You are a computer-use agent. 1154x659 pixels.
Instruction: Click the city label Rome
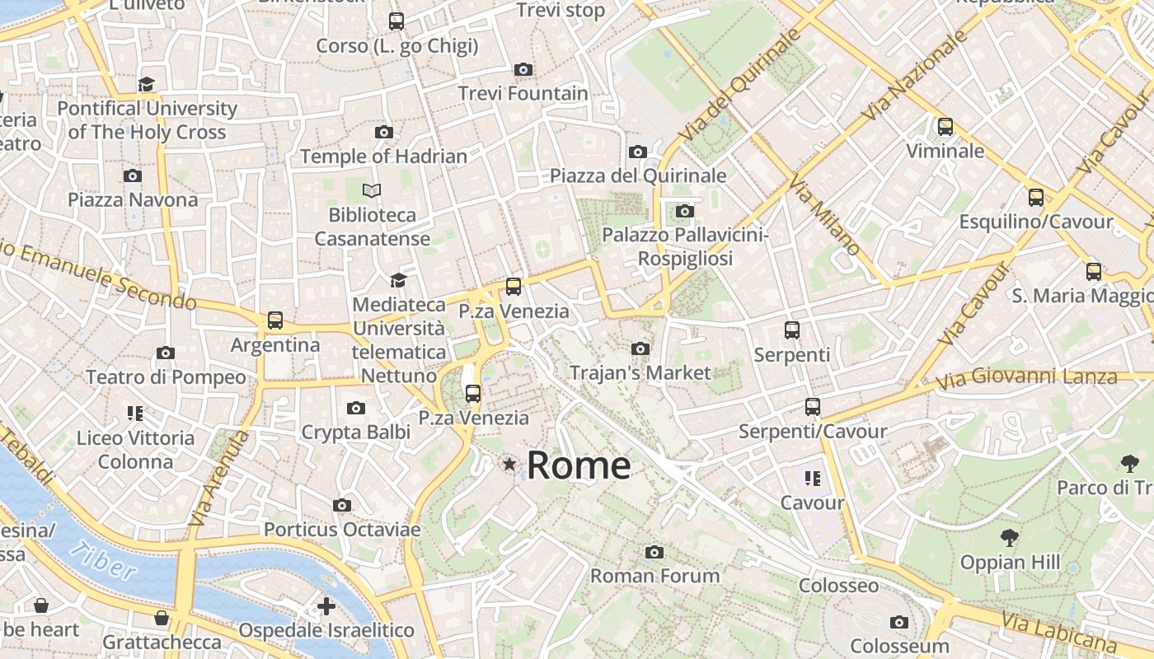coord(579,465)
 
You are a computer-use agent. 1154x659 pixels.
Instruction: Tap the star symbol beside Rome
coord(509,465)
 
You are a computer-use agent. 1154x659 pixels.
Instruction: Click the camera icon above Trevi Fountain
coord(523,70)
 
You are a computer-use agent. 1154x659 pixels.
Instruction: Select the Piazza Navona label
coord(133,199)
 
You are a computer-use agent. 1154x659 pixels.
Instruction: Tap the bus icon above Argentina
coord(275,320)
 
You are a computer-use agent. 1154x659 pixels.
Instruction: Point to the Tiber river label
coord(104,560)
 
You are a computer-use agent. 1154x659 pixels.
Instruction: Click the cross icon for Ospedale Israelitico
coord(326,607)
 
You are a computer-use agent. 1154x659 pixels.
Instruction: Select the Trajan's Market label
coord(640,372)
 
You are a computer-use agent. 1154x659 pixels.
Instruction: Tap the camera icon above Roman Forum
coord(654,552)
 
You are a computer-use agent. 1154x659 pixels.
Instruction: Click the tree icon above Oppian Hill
coord(1009,539)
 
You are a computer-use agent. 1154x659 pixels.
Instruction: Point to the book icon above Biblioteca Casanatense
coord(372,191)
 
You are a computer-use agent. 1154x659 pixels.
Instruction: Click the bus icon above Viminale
coord(945,127)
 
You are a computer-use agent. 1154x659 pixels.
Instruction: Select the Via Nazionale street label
coord(915,76)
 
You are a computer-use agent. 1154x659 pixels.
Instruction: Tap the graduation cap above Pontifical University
coord(147,84)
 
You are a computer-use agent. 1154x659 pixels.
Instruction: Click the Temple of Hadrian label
coord(383,156)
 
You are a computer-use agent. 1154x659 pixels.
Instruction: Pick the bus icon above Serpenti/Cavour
coord(813,407)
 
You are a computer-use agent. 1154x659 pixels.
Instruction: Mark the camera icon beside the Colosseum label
coord(899,622)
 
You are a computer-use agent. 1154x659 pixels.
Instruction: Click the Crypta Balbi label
coord(355,432)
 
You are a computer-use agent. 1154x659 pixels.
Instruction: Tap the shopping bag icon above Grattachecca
coord(162,618)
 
